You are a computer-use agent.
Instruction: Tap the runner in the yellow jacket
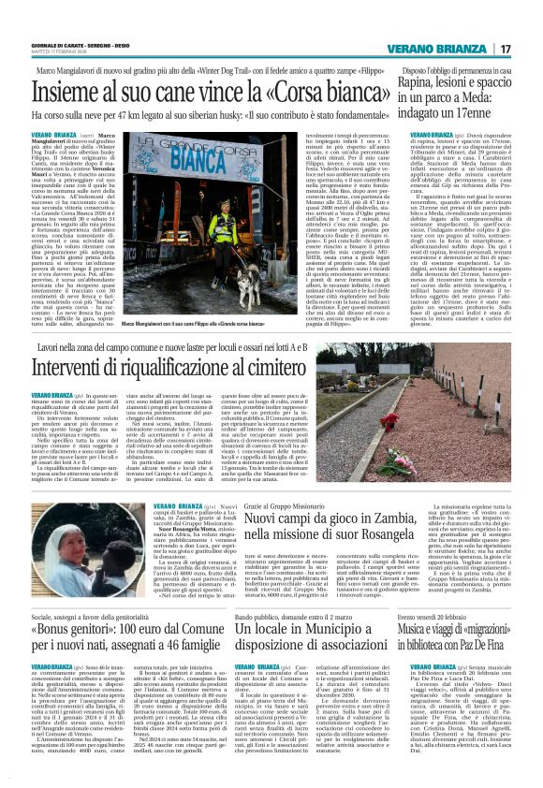[x=224, y=222]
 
